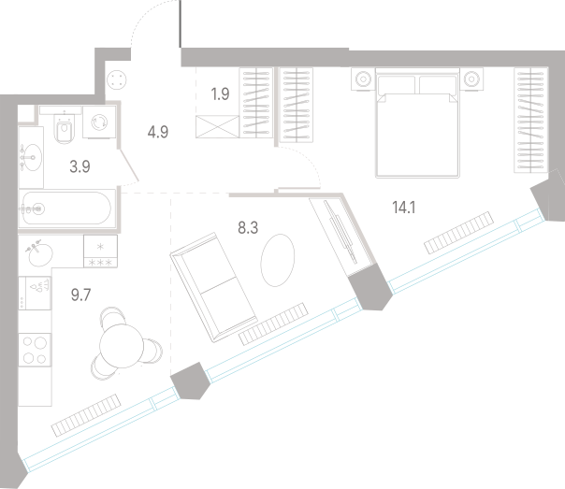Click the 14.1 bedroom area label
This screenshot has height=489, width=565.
point(403,208)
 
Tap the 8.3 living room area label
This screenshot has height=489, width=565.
point(248,228)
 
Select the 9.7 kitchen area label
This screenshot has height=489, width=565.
point(80,295)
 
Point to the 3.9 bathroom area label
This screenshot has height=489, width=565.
point(80,166)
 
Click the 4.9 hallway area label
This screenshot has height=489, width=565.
point(158,132)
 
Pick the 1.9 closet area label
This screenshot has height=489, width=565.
point(220,94)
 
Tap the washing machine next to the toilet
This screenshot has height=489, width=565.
point(99,122)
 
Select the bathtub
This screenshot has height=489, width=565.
point(67,209)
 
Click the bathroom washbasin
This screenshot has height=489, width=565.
point(31,157)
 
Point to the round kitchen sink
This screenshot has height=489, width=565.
point(40,253)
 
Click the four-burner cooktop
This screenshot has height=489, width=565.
point(35,350)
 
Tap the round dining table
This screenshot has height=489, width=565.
point(122,346)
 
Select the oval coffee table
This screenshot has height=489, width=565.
point(278,260)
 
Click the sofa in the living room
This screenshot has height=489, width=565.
point(213,287)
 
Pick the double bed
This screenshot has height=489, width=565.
point(417,122)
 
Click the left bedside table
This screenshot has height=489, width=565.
point(363,79)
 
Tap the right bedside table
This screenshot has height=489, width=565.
point(471,79)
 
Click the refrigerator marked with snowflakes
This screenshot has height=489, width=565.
point(100,252)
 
